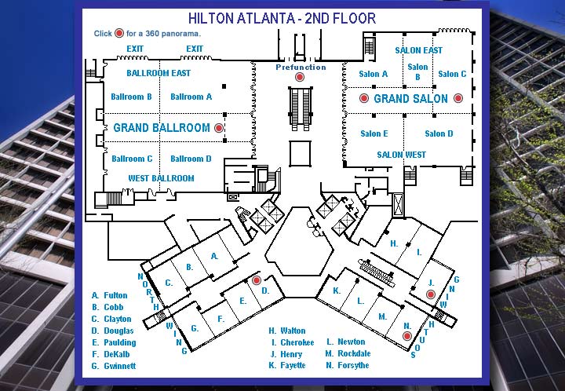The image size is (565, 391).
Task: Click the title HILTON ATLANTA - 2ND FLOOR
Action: tap(282, 18)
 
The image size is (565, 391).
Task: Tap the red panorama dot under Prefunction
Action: tap(300, 78)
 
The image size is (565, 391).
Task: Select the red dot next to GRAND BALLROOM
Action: tap(219, 127)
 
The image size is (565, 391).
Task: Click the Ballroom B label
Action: tap(131, 97)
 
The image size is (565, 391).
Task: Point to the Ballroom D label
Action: tap(191, 159)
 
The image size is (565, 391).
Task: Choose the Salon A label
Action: tap(374, 75)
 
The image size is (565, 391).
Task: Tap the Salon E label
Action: tap(374, 133)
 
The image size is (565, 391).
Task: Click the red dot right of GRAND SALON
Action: tap(458, 98)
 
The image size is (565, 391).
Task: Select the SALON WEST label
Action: tap(401, 155)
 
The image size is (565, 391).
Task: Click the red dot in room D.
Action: tap(256, 280)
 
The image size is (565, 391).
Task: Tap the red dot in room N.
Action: tap(406, 336)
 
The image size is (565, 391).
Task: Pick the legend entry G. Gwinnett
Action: tap(114, 366)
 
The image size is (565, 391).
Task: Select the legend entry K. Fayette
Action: tap(286, 366)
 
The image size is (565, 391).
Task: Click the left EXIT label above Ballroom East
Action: tap(136, 49)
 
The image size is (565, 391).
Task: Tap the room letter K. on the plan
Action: tap(337, 291)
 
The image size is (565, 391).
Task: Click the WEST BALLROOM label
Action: tap(161, 178)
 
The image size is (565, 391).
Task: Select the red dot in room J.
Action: tap(430, 294)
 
